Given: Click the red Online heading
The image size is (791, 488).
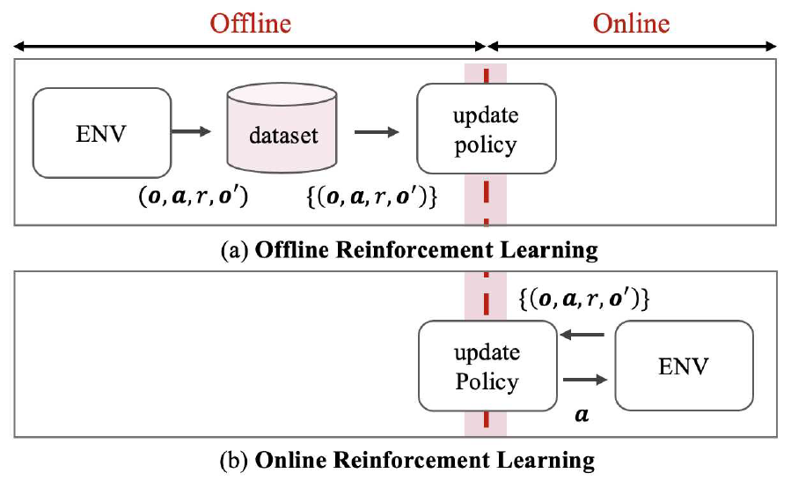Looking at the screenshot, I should (x=631, y=22).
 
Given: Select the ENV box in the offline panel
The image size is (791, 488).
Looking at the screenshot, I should (x=101, y=132).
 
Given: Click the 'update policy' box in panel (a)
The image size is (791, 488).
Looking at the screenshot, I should (x=487, y=129).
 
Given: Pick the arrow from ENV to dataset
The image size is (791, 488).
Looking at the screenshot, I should (x=191, y=132).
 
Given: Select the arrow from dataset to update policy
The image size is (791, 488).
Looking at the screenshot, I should (x=376, y=132).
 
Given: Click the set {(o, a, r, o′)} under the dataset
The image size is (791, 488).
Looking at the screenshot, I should (x=370, y=197).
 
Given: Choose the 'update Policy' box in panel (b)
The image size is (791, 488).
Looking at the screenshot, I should (x=487, y=366).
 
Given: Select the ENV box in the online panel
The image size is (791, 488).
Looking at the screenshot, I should (x=684, y=365).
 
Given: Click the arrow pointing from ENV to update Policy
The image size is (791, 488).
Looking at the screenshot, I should (x=584, y=335).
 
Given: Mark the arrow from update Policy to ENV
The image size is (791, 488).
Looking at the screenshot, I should (x=584, y=380).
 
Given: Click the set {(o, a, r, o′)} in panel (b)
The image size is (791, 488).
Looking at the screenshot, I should (x=584, y=299).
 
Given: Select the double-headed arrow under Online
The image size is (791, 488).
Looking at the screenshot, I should (x=631, y=45).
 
